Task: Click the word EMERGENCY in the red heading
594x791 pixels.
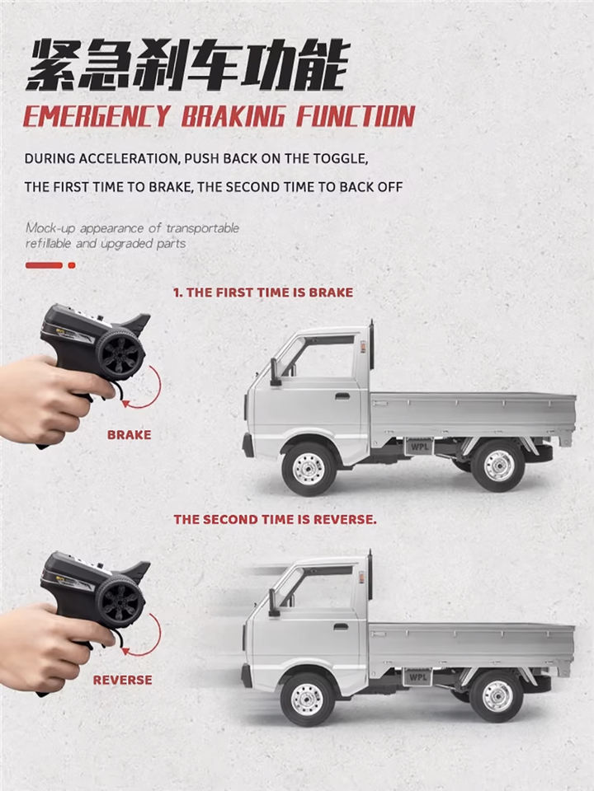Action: tap(97, 116)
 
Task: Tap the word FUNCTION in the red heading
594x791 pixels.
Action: tap(356, 116)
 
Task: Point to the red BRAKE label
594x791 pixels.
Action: tap(129, 435)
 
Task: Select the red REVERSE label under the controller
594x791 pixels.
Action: tap(122, 680)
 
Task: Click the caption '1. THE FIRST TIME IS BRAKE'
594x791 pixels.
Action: tap(262, 293)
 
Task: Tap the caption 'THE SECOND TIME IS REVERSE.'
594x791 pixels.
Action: tap(275, 520)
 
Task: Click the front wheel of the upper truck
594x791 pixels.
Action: tap(309, 468)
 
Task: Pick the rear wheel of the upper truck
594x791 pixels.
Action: tap(497, 465)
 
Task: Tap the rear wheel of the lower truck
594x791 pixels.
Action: tap(496, 696)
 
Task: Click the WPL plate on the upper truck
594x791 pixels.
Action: tap(419, 447)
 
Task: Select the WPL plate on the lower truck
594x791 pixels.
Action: tap(417, 677)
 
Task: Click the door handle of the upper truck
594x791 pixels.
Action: tap(342, 396)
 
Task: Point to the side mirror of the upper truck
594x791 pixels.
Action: tap(276, 372)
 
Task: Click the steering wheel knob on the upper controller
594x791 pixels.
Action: tap(120, 353)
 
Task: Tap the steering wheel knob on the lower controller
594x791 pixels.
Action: tap(120, 601)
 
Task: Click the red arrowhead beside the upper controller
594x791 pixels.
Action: tap(125, 403)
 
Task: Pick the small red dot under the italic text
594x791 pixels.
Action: tap(72, 265)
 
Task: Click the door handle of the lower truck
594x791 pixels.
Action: tap(341, 626)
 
